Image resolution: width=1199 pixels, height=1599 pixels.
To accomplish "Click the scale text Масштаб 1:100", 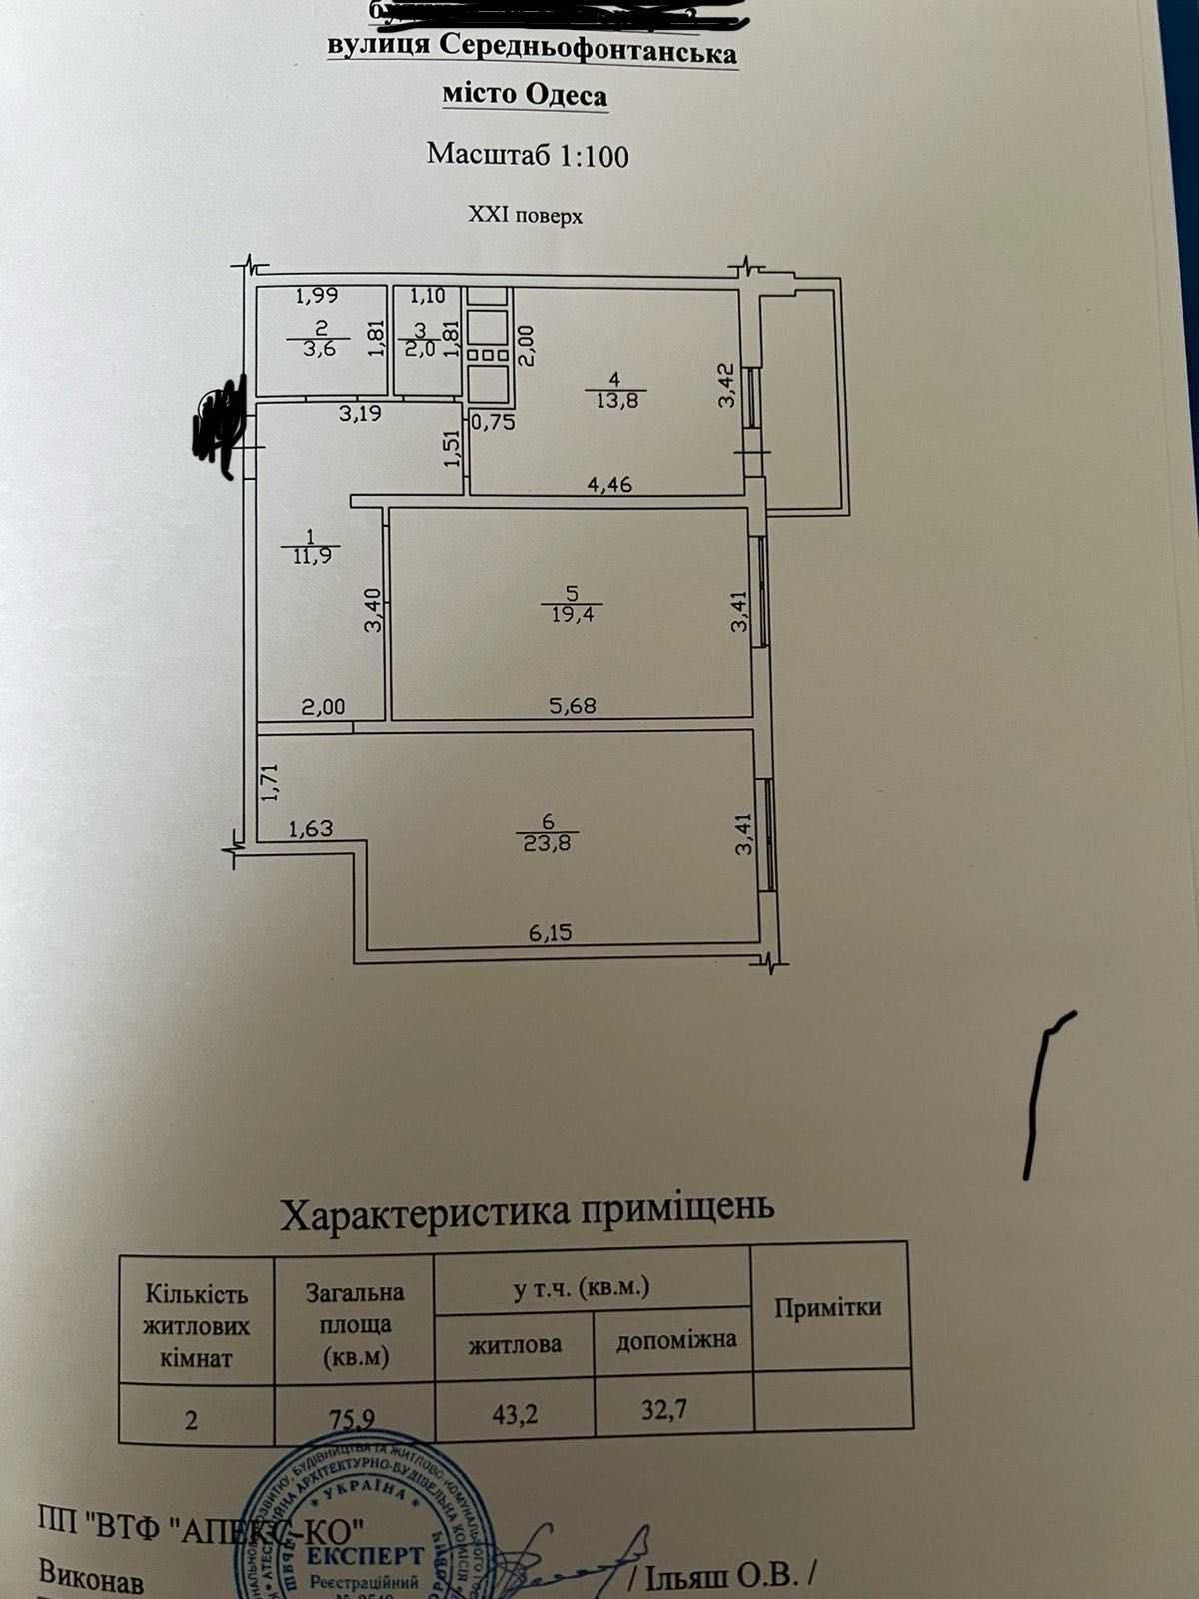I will click(x=528, y=155).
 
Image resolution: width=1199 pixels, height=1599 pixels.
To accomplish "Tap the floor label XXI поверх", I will click(x=525, y=215).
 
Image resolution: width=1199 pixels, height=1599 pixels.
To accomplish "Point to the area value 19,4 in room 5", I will click(x=572, y=614).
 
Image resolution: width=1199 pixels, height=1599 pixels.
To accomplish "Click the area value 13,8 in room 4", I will click(x=616, y=400).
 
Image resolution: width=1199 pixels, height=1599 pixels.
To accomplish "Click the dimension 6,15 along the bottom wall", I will click(x=551, y=932).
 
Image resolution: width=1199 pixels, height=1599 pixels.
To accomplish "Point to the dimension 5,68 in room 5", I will click(x=573, y=705).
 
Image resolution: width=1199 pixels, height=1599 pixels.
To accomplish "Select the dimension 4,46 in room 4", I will click(x=609, y=486).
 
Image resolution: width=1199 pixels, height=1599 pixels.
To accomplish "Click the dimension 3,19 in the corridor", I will click(x=360, y=413).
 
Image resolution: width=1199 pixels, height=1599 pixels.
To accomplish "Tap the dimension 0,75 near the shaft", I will click(x=493, y=421).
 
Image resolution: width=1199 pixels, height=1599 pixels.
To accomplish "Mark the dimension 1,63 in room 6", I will click(x=310, y=828).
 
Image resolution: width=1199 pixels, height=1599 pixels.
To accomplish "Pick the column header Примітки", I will click(x=828, y=1307).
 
